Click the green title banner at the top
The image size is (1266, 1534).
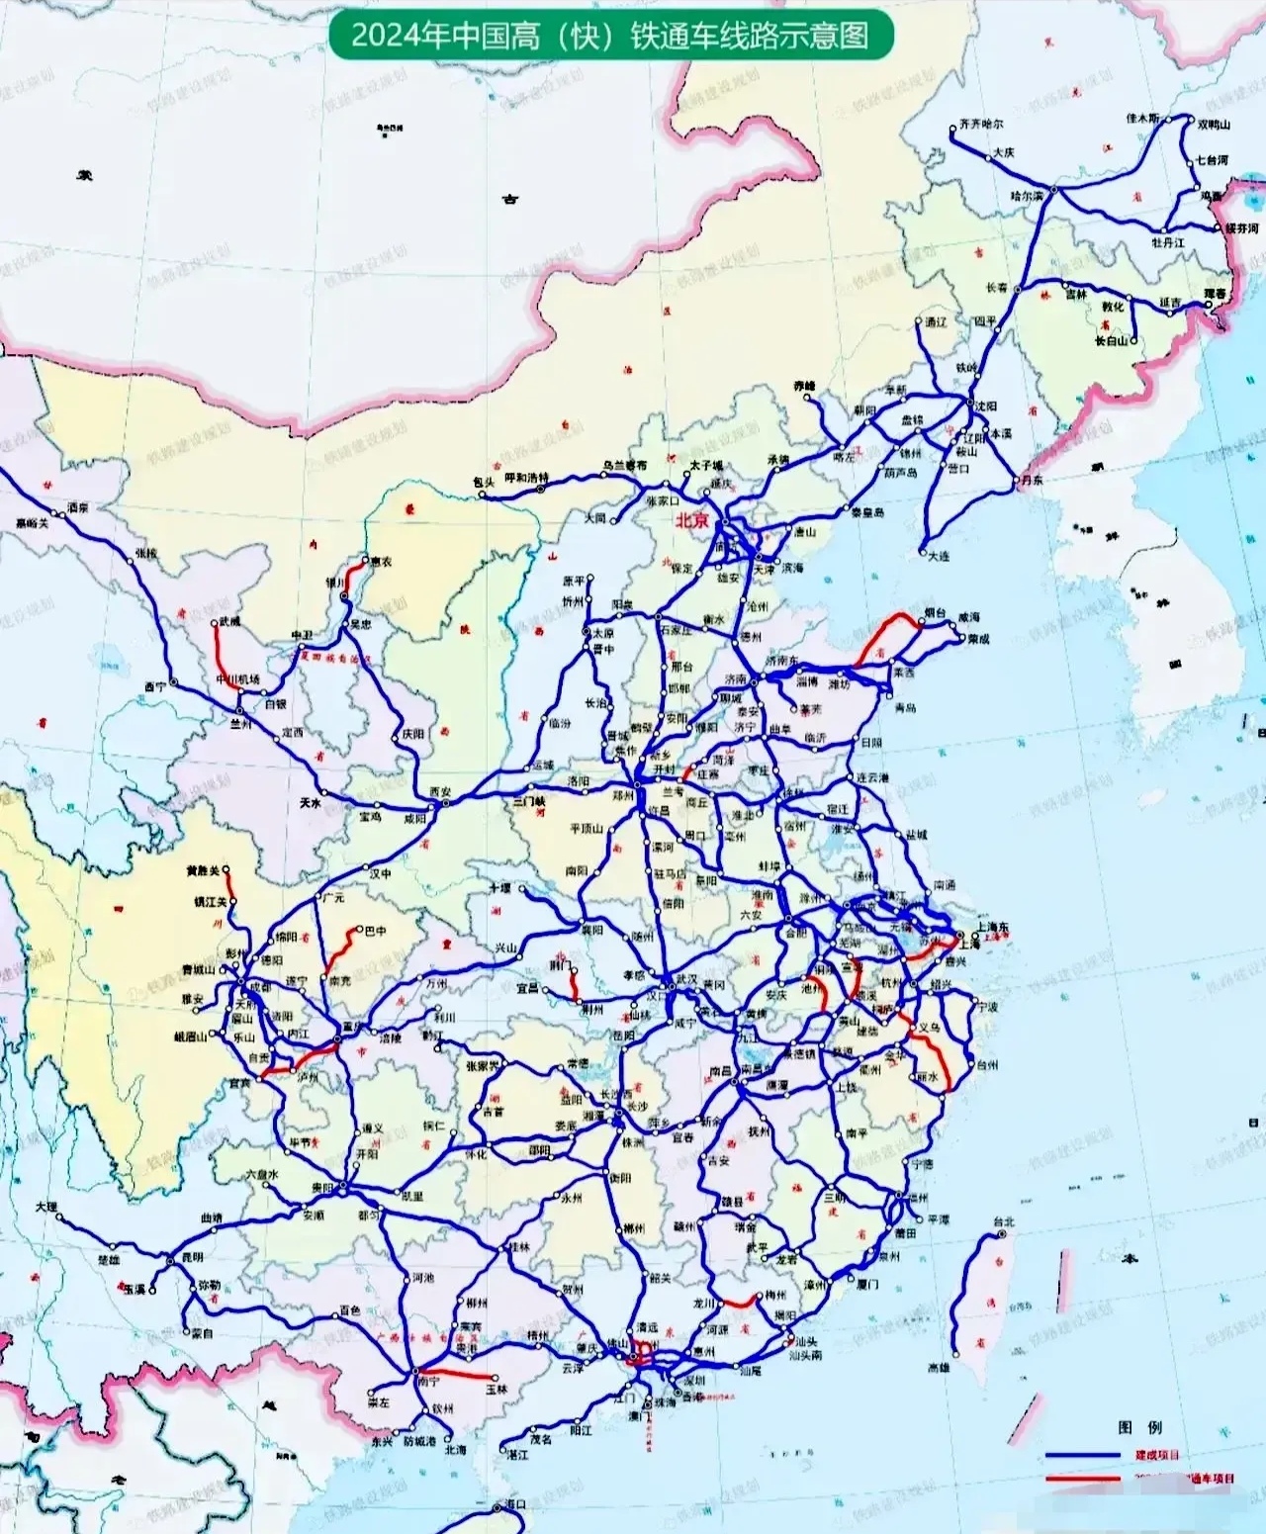pyautogui.click(x=610, y=36)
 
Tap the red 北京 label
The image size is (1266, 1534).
pyautogui.click(x=691, y=520)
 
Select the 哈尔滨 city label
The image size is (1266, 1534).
pyautogui.click(x=1026, y=196)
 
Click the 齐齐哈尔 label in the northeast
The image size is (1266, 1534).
pyautogui.click(x=980, y=125)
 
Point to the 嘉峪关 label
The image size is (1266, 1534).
pyautogui.click(x=32, y=523)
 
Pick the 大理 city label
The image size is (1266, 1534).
pyautogui.click(x=46, y=1207)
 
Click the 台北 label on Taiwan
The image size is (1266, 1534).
pyautogui.click(x=1003, y=1221)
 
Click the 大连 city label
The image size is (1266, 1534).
pyautogui.click(x=939, y=556)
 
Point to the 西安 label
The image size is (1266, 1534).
pyautogui.click(x=440, y=792)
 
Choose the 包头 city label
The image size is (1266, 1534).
pyautogui.click(x=484, y=482)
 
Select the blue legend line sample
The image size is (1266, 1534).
pyautogui.click(x=1080, y=1455)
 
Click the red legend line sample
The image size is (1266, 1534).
pyautogui.click(x=1080, y=1479)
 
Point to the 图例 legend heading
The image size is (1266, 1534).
pyautogui.click(x=1139, y=1428)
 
